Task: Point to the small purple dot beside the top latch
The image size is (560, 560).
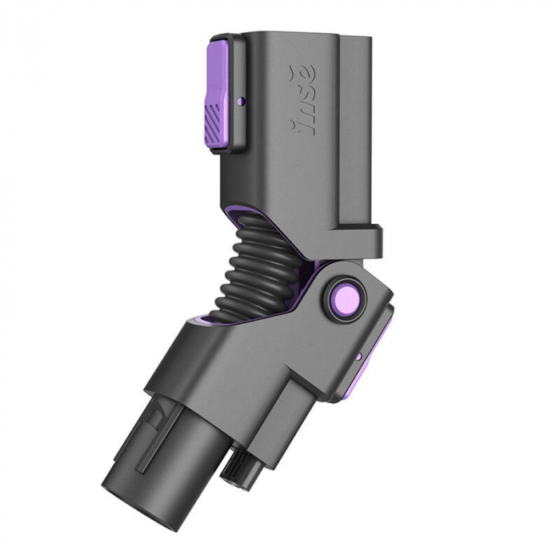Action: (242, 102)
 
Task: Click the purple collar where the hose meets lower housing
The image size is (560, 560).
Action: (204, 320)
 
